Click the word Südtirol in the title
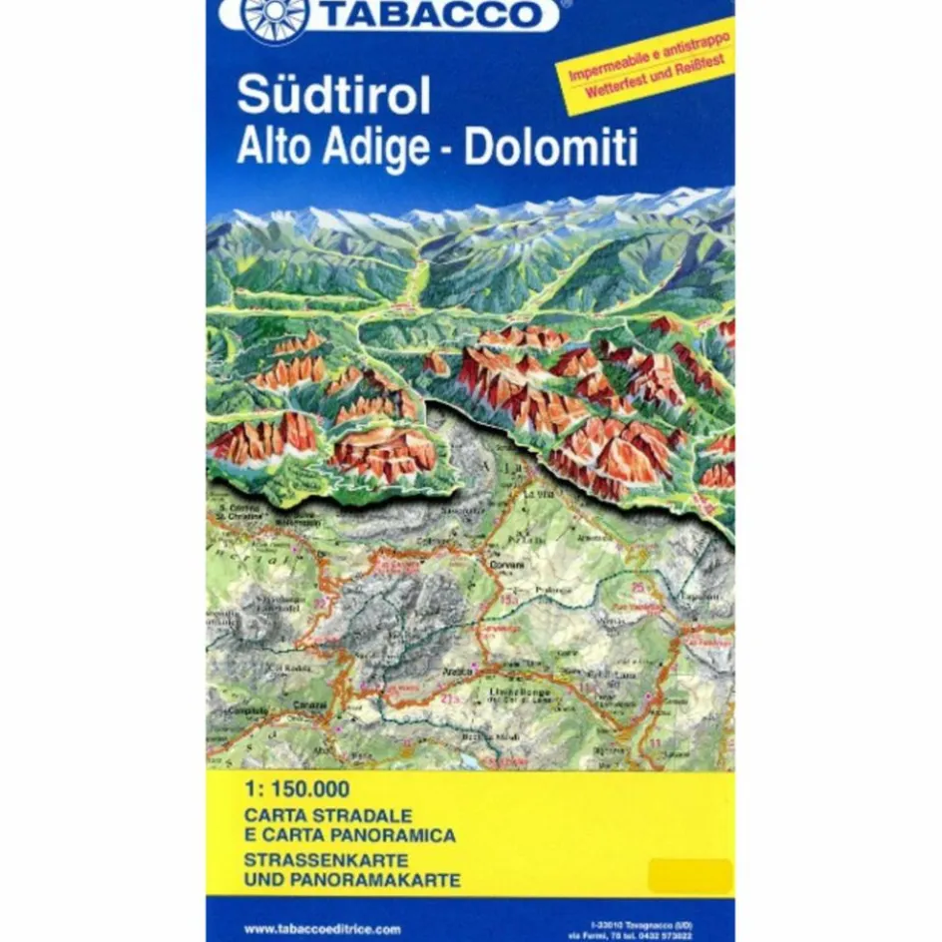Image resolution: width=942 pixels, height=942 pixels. (333, 96)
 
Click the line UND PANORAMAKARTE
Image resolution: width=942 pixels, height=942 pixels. (351, 880)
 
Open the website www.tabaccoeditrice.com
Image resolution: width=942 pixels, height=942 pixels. (321, 928)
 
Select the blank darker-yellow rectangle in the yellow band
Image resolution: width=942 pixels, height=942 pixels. (690, 876)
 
